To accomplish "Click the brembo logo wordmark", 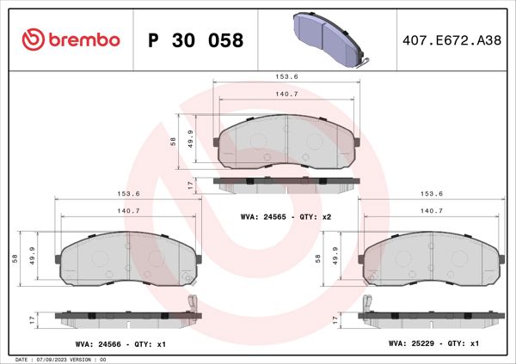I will (71, 39).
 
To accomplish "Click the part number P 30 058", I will (196, 40).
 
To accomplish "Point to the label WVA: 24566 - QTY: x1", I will (120, 343).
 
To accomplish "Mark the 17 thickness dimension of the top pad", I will (190, 185).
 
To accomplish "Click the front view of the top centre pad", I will (286, 142).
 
